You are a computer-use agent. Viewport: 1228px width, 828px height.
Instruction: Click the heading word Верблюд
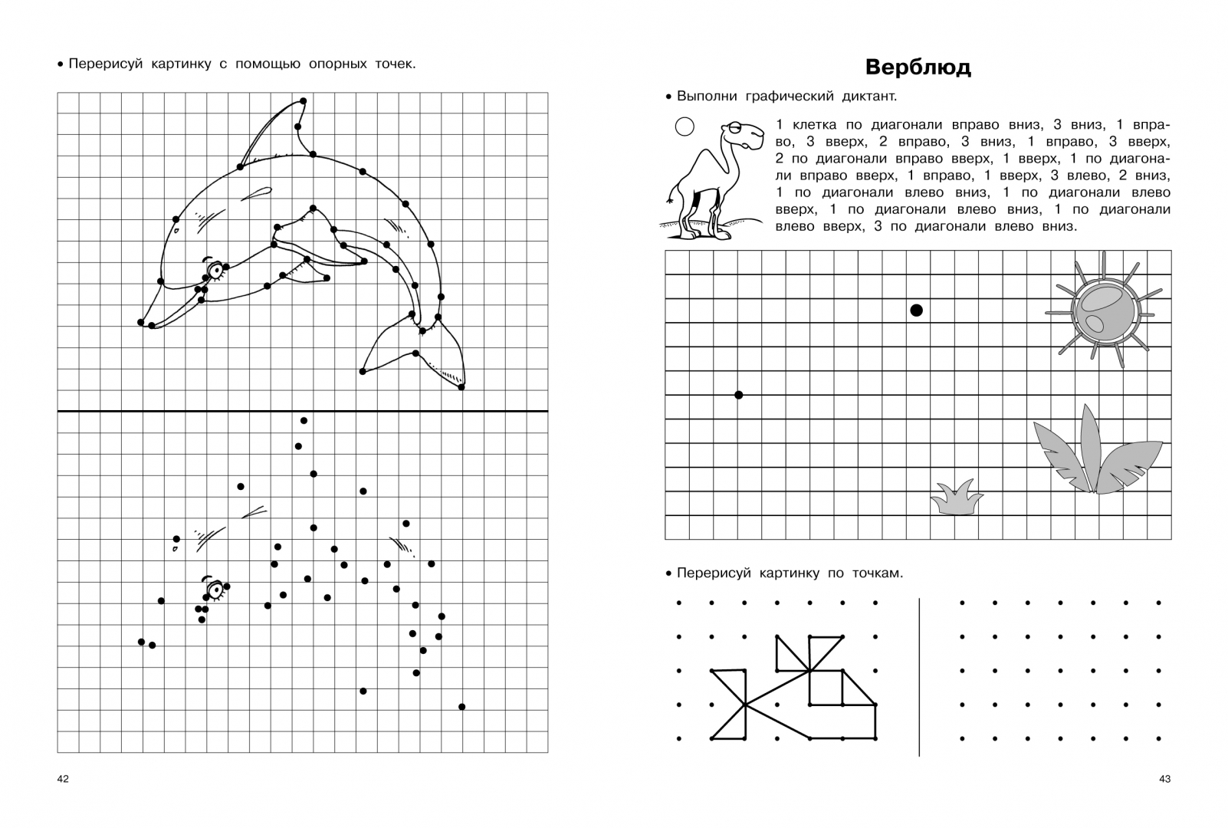(x=918, y=67)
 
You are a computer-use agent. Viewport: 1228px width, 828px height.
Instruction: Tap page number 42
(x=63, y=779)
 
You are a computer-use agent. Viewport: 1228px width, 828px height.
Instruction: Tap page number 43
(x=1164, y=779)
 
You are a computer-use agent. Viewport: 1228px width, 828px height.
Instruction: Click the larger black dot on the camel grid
(x=916, y=310)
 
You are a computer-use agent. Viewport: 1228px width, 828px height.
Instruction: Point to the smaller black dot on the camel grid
(x=739, y=395)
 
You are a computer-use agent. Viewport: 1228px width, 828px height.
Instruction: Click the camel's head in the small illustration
(x=744, y=136)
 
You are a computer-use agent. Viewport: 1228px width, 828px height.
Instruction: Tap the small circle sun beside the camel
(x=684, y=126)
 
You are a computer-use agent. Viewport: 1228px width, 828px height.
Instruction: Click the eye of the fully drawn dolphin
(x=215, y=269)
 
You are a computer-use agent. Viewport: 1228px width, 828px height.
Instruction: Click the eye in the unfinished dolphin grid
(x=215, y=590)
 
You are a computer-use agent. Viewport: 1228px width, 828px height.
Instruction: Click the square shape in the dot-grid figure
(x=826, y=688)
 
